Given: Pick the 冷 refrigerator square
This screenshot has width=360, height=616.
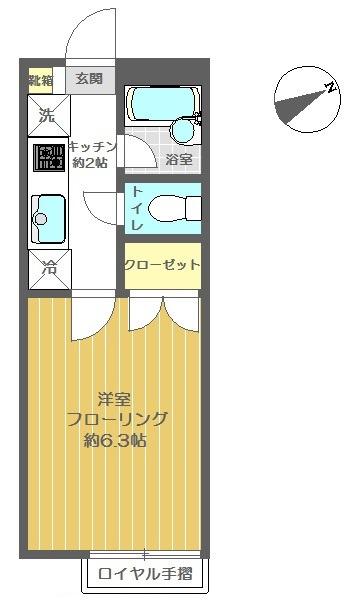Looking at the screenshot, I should click(47, 268).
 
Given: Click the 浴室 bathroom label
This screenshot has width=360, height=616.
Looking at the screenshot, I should click(180, 160).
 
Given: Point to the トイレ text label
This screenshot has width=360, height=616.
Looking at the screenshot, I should click(136, 208).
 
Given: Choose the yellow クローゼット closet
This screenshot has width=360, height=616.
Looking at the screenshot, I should click(162, 265).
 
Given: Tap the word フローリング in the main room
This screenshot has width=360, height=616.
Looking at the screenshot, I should click(116, 419).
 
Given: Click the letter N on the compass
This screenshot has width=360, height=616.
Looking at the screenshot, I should click(328, 90).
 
